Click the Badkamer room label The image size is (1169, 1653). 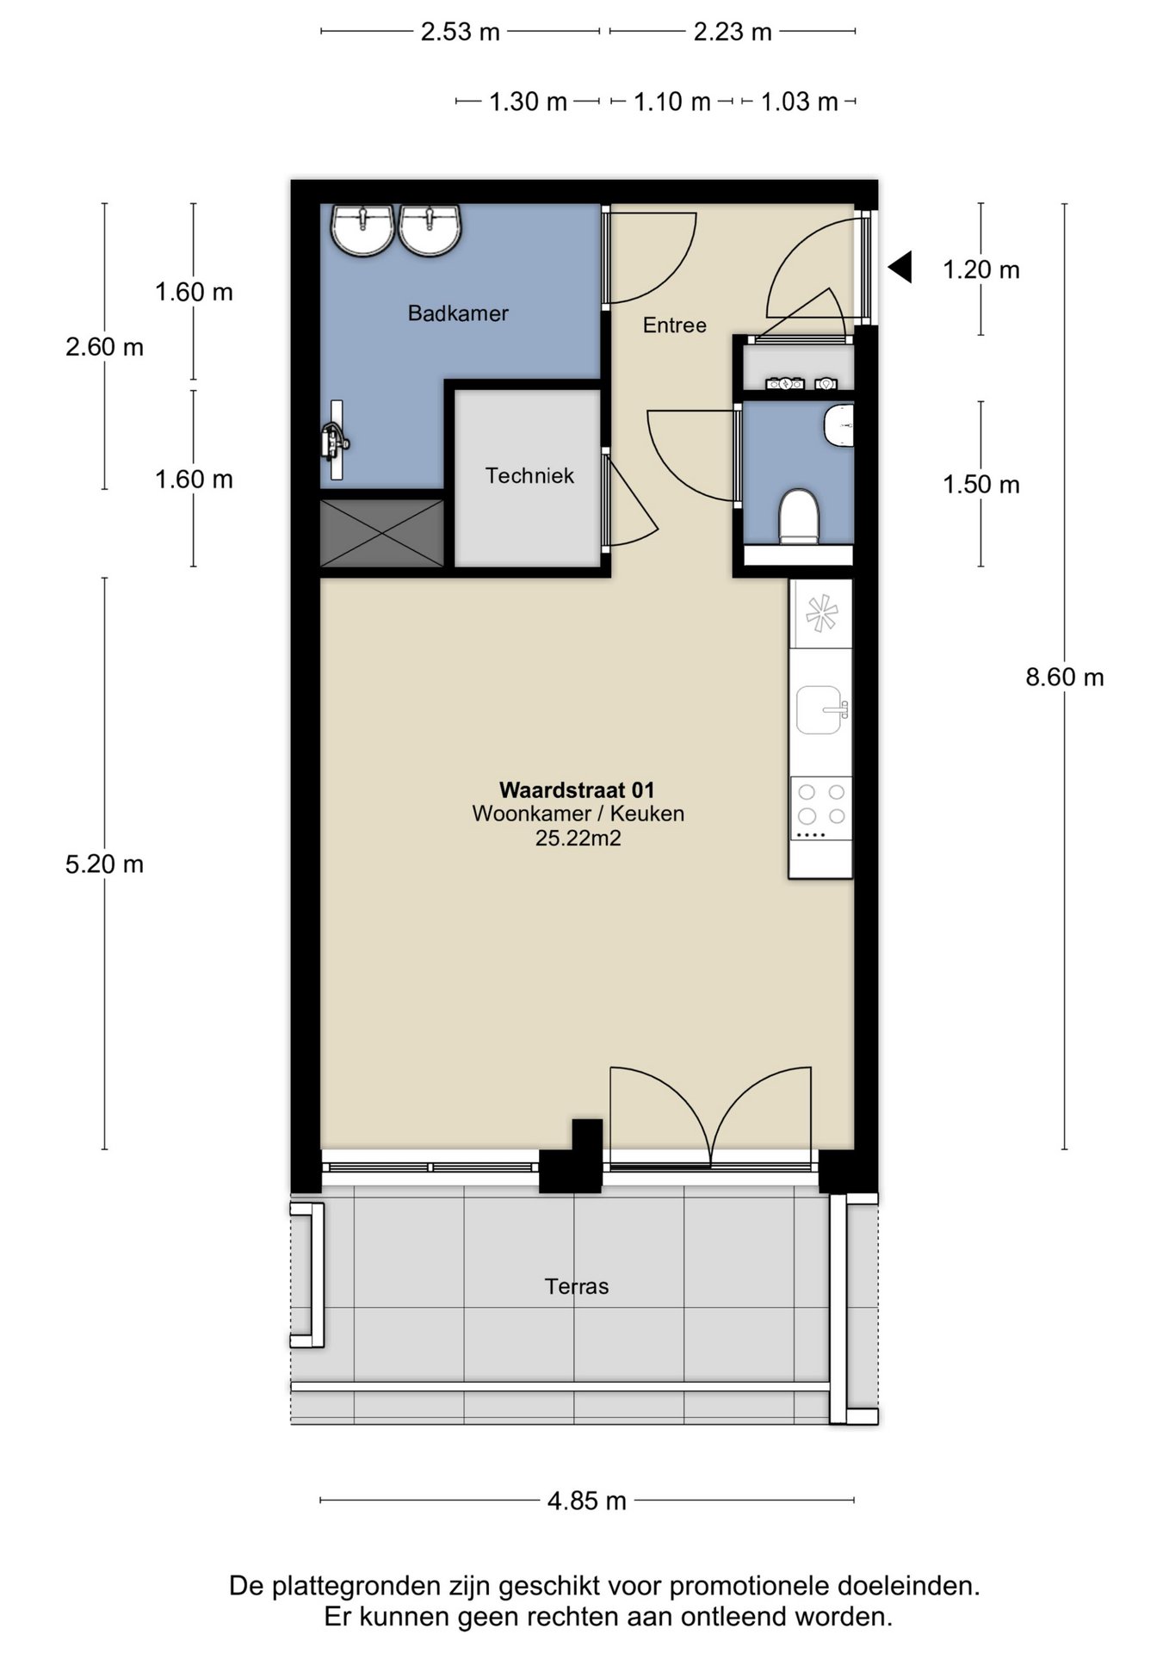(x=458, y=313)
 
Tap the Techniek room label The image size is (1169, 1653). (x=529, y=475)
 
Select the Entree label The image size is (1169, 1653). (x=675, y=325)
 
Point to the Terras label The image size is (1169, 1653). (x=577, y=1286)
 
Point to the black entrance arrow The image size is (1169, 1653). (x=900, y=267)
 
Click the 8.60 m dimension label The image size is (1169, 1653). (x=1065, y=678)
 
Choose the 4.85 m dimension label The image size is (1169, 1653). (x=587, y=1501)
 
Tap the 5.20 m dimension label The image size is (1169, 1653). (x=104, y=864)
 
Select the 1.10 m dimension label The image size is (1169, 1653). (x=672, y=102)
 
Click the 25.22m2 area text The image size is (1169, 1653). (x=578, y=838)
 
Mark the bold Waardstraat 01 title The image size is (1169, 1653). (x=577, y=789)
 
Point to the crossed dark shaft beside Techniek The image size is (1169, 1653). (x=382, y=533)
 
